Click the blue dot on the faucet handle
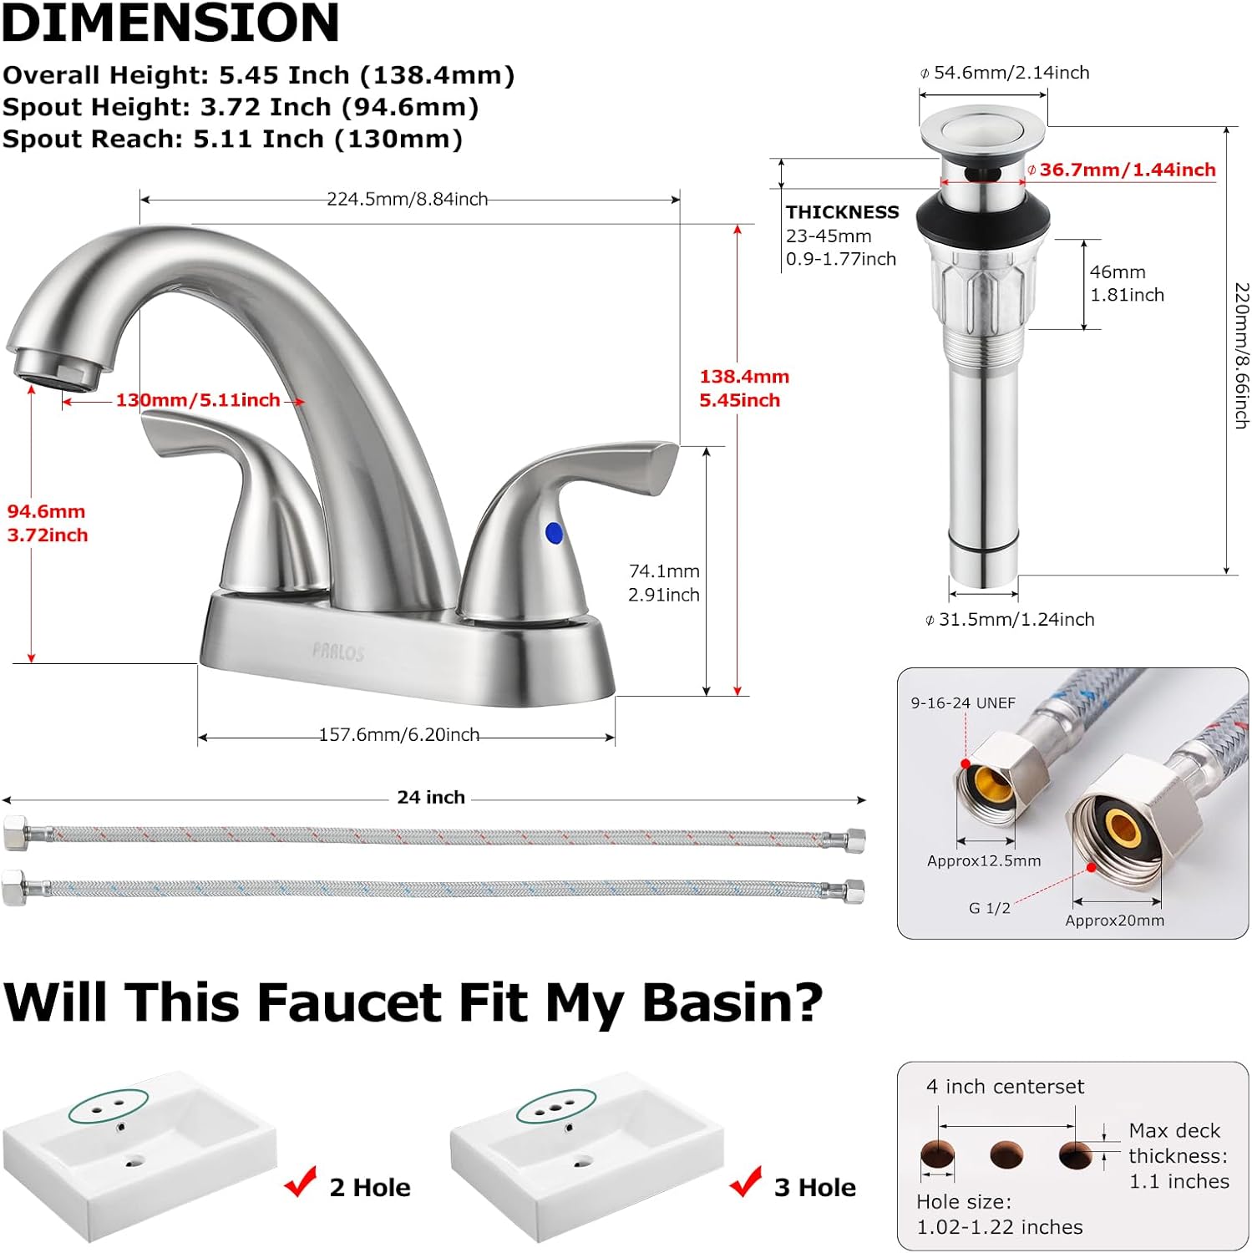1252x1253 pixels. coord(554,533)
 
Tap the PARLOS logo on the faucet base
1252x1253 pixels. coord(338,652)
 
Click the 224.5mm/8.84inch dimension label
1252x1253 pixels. coord(407,199)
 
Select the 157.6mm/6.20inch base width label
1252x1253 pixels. coord(399,734)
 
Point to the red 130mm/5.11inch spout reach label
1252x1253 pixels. coord(198,400)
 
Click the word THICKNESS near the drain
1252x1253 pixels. coord(842,212)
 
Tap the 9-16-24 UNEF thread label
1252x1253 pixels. coord(963,703)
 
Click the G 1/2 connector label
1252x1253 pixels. coord(989,908)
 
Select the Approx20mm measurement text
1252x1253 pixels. coord(1114,921)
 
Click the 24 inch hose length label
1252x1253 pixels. coord(431,798)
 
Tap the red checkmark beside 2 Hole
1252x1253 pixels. coord(301,1181)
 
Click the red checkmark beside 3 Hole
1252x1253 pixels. coord(745,1181)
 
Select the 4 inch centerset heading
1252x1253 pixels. coord(1005,1087)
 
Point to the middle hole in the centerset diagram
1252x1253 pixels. coord(1006,1155)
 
